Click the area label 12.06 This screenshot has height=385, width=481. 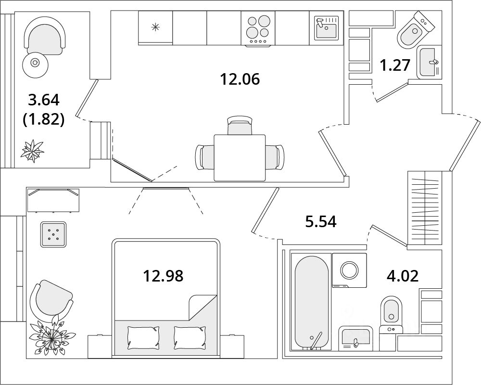pyautogui.click(x=240, y=78)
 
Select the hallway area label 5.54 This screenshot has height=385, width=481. pyautogui.click(x=320, y=221)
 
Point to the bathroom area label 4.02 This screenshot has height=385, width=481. pyautogui.click(x=403, y=276)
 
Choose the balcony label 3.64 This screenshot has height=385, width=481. pyautogui.click(x=43, y=100)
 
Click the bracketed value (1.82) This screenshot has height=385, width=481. pyautogui.click(x=43, y=119)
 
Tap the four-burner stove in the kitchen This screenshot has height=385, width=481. pyautogui.click(x=259, y=28)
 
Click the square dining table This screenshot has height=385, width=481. pyautogui.click(x=240, y=157)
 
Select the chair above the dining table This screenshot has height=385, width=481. pyautogui.click(x=240, y=126)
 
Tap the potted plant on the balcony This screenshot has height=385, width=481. pyautogui.click(x=33, y=151)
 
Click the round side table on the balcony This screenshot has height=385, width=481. pyautogui.click(x=35, y=62)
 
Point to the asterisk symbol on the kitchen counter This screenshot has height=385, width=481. pyautogui.click(x=155, y=27)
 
